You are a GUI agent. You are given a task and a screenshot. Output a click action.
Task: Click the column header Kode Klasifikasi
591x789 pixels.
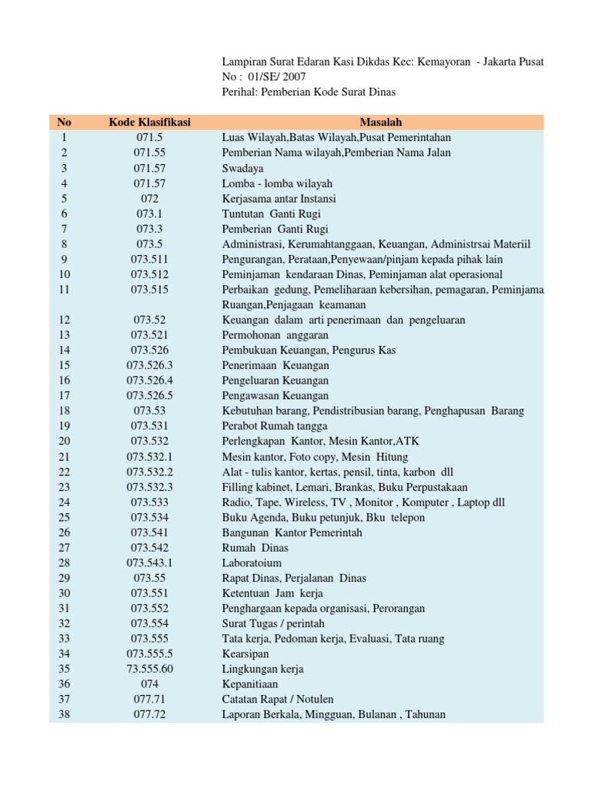[x=149, y=122]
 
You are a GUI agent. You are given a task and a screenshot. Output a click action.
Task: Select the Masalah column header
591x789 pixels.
[x=381, y=122]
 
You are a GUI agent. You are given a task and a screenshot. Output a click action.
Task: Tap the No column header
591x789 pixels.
[x=64, y=122]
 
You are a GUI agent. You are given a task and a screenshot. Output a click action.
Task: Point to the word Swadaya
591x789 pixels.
[x=242, y=168]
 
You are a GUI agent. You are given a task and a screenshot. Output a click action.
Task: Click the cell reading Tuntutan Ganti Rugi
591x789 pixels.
[x=272, y=213]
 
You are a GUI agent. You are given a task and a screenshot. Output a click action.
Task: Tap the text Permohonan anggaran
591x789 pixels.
[x=275, y=335]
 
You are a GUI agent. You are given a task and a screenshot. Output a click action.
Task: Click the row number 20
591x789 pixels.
[x=64, y=442]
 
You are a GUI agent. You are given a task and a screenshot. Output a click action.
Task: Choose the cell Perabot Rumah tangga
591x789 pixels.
[x=275, y=426]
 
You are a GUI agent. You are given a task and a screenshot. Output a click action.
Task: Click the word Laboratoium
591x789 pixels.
[x=252, y=563]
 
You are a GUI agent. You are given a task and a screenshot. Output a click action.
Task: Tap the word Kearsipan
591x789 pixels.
[x=246, y=654]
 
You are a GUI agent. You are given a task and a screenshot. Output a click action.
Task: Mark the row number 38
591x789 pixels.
[x=64, y=715]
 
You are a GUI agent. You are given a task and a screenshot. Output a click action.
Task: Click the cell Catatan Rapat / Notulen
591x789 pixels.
[x=278, y=700]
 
